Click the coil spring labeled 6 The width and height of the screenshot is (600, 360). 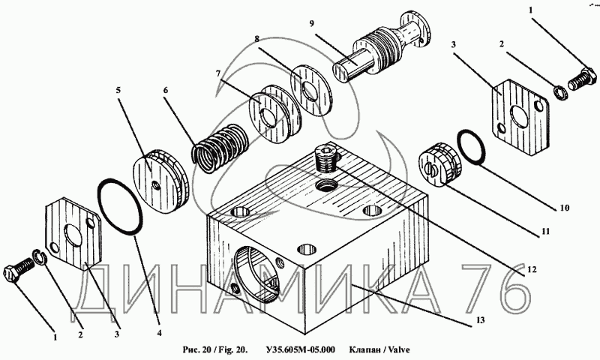[x=219, y=145]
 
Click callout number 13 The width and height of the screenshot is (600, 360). [x=481, y=320]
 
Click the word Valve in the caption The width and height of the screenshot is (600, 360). [x=397, y=349]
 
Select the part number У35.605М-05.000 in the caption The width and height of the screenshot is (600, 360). [x=300, y=349]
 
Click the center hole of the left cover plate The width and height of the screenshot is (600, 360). [x=75, y=238]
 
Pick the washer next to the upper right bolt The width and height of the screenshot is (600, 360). [x=558, y=91]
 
